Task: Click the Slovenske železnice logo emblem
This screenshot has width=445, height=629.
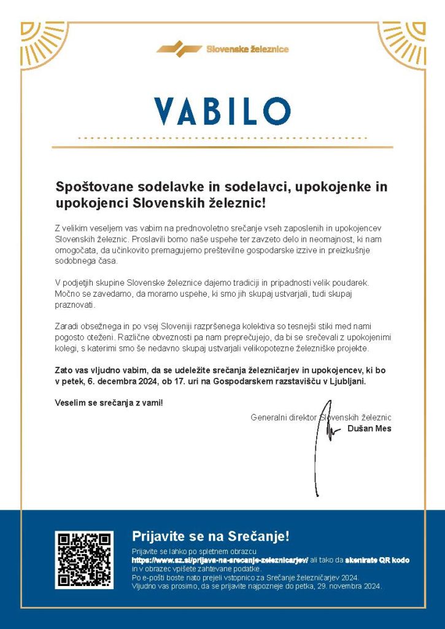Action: (x=179, y=49)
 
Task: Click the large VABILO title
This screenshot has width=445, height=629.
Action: (x=222, y=111)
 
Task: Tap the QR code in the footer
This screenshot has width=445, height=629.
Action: (x=84, y=560)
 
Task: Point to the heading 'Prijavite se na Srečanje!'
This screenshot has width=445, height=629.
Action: (x=211, y=536)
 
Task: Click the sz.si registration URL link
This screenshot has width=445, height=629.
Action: (x=220, y=560)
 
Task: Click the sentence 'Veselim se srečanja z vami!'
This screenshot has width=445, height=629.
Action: (x=109, y=404)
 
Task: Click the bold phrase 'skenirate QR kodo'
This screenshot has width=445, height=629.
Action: (x=376, y=560)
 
